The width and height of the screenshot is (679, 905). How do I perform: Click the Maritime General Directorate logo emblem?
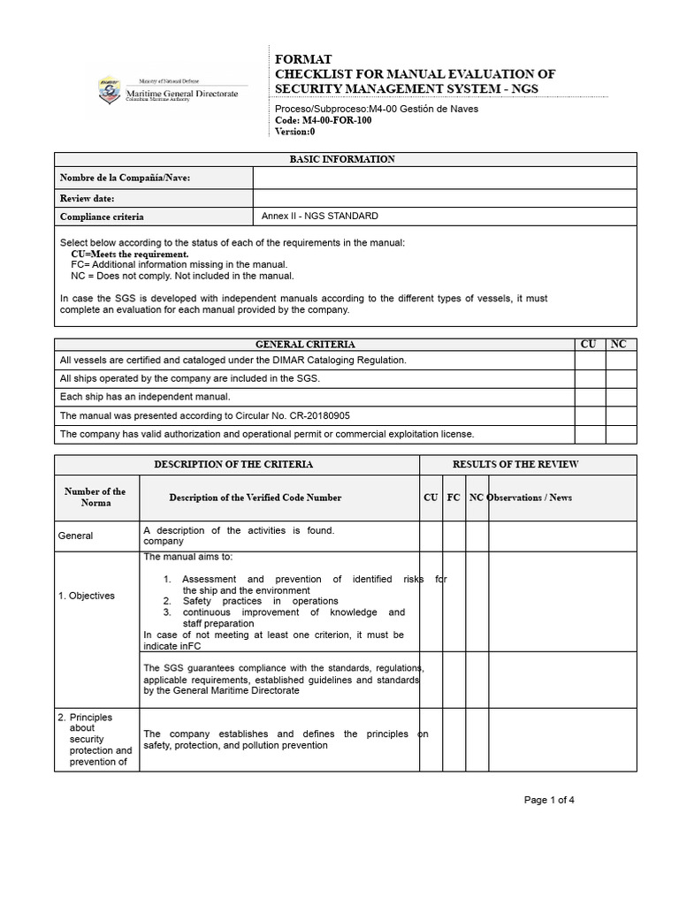coord(111,90)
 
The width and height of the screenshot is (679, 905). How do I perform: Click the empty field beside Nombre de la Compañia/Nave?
coord(444,178)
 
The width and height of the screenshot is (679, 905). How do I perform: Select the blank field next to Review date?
coord(444,198)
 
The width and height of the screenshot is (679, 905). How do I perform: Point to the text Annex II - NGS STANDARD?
coord(320,216)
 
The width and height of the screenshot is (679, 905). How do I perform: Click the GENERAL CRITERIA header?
coord(305,344)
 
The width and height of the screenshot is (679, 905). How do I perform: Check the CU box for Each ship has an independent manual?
coord(588,397)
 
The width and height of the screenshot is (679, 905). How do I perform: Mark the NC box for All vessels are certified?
coord(621,360)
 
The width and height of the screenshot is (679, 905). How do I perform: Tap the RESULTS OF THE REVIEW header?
coord(528,464)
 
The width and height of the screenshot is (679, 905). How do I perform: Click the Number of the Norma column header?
coord(96,497)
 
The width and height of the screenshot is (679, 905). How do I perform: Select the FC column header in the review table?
coord(454,498)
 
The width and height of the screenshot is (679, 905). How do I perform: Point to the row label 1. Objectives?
coord(87,596)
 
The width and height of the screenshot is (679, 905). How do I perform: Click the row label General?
coord(76,536)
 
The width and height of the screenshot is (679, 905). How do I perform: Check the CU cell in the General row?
coord(431,536)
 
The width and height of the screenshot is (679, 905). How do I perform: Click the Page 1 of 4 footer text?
coord(549,800)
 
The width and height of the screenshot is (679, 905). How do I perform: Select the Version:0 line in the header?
coord(295,132)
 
